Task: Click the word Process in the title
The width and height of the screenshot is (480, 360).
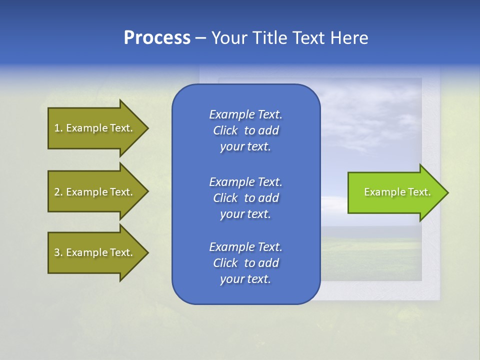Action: [157, 38]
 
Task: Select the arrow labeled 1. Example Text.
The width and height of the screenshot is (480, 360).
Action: [95, 128]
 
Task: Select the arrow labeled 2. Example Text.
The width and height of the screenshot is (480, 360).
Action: [95, 192]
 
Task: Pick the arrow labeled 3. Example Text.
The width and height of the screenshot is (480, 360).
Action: [95, 252]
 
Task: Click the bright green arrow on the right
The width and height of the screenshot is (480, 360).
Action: [395, 192]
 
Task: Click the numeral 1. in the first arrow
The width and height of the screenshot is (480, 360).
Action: [58, 128]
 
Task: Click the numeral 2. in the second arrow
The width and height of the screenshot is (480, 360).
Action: [58, 192]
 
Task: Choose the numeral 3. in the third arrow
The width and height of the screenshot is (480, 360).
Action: [58, 252]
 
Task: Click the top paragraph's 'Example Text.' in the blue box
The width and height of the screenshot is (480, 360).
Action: [245, 114]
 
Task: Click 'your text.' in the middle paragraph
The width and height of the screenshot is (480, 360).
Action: [245, 214]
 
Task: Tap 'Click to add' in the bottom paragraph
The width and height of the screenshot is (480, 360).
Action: [245, 263]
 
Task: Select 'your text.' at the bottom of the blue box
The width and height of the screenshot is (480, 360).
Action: [245, 279]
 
